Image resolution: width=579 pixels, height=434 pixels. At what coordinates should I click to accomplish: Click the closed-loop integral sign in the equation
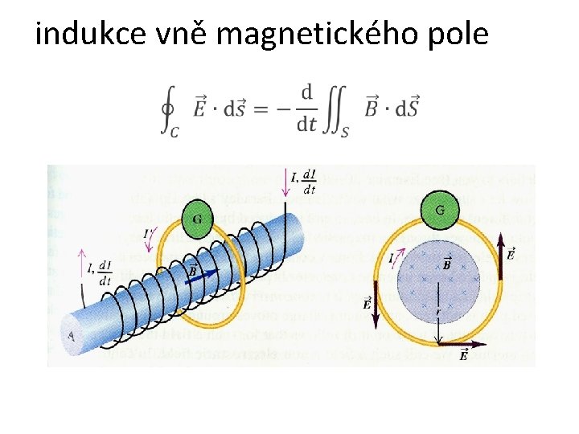coord(168,109)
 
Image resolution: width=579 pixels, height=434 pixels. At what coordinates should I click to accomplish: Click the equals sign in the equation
coord(259,108)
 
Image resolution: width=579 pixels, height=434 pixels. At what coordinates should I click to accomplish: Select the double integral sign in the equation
coord(338,109)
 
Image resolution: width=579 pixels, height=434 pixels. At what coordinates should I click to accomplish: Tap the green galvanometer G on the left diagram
coord(196,219)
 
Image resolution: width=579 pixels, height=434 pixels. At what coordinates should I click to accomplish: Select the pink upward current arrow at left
coord(81,261)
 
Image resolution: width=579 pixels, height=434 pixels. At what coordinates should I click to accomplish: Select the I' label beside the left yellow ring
coord(147,234)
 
